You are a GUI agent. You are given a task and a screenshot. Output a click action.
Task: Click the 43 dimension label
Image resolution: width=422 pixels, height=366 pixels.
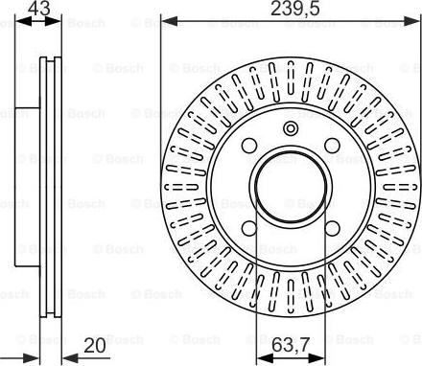coord(38,10)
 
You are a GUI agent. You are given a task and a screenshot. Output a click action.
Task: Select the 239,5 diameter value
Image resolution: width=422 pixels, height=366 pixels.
coord(290,10)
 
